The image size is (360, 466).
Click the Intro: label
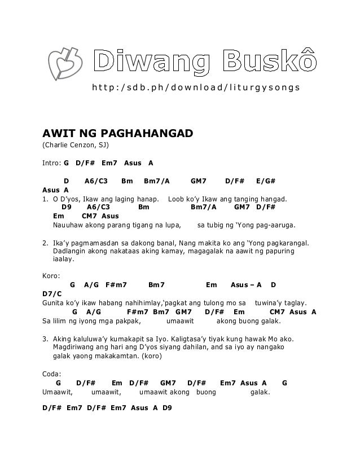(52, 163)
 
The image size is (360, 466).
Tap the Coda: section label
(52, 373)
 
